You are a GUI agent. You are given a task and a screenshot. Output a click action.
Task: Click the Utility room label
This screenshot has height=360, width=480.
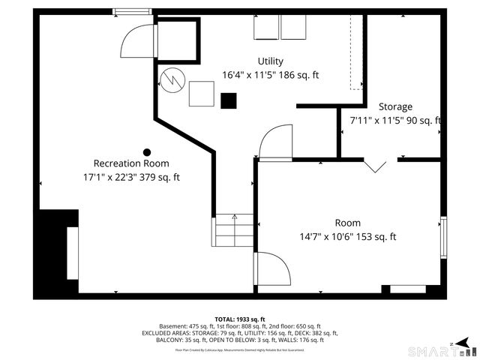pyautogui.click(x=271, y=61)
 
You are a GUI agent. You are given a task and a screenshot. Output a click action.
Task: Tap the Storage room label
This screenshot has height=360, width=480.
pyautogui.click(x=395, y=106)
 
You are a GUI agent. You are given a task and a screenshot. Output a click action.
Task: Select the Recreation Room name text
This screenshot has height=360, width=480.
pyautogui.click(x=131, y=163)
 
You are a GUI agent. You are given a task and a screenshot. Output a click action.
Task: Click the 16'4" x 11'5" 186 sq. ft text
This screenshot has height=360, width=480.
pyautogui.click(x=271, y=75)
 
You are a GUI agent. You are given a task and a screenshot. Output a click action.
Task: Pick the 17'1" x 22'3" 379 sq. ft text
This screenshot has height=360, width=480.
pyautogui.click(x=131, y=178)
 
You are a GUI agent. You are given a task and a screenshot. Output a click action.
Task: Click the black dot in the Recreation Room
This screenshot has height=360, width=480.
pyautogui.click(x=147, y=151)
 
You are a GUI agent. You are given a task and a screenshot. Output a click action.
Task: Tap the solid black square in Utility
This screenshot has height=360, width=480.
pyautogui.click(x=229, y=99)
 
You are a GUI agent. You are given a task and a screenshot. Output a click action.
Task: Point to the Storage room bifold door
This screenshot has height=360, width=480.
pyautogui.click(x=376, y=164)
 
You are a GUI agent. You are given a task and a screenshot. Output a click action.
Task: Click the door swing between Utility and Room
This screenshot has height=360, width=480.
pyautogui.click(x=274, y=141)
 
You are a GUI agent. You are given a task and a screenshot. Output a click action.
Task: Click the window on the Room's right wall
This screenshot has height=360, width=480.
pyautogui.click(x=444, y=238)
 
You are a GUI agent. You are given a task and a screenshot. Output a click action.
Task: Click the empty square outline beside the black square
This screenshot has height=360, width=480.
pyautogui.click(x=201, y=94)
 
